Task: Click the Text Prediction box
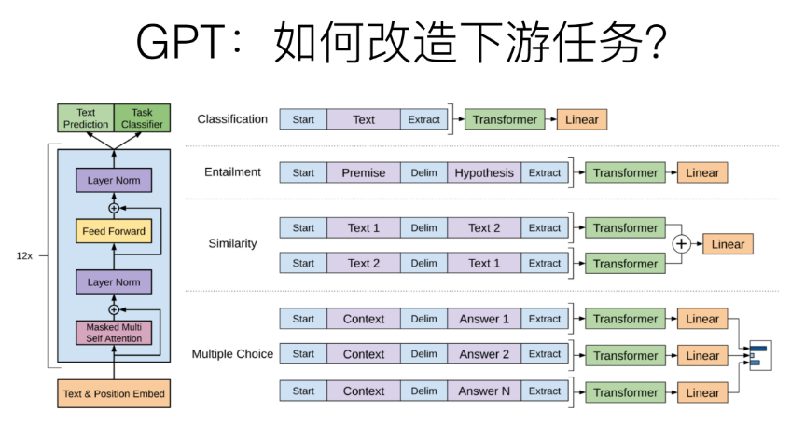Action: pyautogui.click(x=86, y=118)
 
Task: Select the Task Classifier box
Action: pyautogui.click(x=142, y=118)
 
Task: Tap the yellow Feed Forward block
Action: pyautogui.click(x=114, y=231)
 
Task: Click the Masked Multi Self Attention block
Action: pyautogui.click(x=114, y=333)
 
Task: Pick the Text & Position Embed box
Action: pyautogui.click(x=114, y=393)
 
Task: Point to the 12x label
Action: pyautogui.click(x=25, y=254)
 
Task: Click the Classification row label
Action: pyautogui.click(x=232, y=119)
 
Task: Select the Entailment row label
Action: pyautogui.click(x=232, y=172)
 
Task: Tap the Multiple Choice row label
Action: pyautogui.click(x=232, y=354)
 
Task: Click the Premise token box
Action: pyautogui.click(x=364, y=172)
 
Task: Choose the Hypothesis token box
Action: pyautogui.click(x=484, y=172)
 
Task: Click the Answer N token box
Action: pyautogui.click(x=484, y=391)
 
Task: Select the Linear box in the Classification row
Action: pyautogui.click(x=583, y=119)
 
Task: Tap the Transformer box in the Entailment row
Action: pyautogui.click(x=625, y=172)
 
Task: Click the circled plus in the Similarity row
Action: pyautogui.click(x=681, y=244)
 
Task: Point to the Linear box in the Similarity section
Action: pyautogui.click(x=728, y=244)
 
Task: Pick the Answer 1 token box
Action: pyautogui.click(x=484, y=319)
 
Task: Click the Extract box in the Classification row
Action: pyautogui.click(x=423, y=119)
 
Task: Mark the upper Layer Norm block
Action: pyautogui.click(x=114, y=180)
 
